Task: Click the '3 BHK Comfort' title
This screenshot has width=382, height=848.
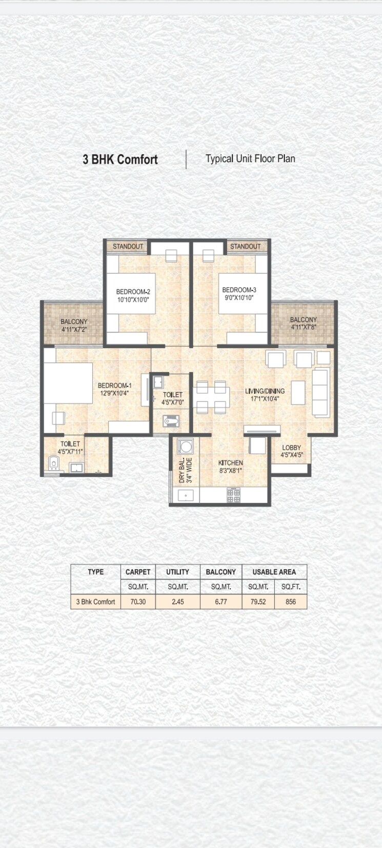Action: click(120, 160)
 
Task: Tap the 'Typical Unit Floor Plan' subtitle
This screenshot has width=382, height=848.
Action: click(250, 159)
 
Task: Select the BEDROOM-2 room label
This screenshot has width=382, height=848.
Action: click(133, 292)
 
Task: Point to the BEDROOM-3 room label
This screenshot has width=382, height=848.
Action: click(239, 290)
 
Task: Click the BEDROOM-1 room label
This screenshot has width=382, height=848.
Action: click(115, 386)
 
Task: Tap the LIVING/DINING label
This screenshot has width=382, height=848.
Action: click(265, 391)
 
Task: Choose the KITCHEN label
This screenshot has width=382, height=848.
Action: click(230, 462)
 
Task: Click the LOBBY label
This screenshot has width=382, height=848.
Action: click(291, 448)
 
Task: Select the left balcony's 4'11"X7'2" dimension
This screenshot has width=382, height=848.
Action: click(74, 329)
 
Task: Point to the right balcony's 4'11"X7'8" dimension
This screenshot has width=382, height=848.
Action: click(303, 327)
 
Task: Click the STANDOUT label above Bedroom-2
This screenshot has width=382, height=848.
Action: click(128, 246)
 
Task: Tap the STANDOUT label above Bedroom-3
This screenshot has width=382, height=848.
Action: click(245, 246)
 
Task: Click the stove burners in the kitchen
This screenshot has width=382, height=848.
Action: click(233, 495)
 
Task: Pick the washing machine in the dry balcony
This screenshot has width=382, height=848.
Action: click(185, 447)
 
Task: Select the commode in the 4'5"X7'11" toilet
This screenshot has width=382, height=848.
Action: click(53, 464)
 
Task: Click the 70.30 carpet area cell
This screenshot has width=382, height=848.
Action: click(138, 602)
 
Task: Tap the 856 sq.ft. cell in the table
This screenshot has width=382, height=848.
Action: click(291, 602)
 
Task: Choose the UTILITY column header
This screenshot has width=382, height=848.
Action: click(177, 572)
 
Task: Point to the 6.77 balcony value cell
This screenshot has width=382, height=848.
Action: click(220, 602)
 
